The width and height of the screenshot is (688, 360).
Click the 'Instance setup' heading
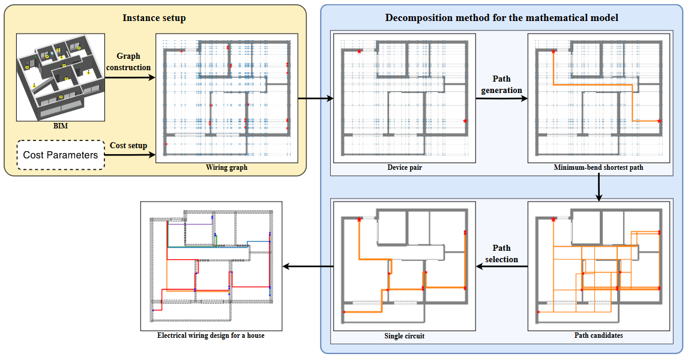pos(154,18)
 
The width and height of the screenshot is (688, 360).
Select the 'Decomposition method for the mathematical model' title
pos(502,18)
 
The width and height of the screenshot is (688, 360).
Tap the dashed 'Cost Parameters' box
pos(60,155)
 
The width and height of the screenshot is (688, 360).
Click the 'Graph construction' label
pos(128,62)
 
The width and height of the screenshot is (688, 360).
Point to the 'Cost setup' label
pos(128,145)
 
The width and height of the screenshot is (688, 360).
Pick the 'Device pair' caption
pos(405,167)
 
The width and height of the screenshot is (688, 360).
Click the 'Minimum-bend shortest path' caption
pos(599,167)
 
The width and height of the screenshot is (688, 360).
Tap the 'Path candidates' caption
pos(599,335)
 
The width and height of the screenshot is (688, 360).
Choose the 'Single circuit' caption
pos(405,336)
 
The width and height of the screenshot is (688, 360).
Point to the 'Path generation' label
pos(502,85)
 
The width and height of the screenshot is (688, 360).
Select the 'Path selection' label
pos(502,253)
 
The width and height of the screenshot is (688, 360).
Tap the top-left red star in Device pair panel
pos(359,52)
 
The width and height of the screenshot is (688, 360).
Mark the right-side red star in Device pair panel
pos(465,121)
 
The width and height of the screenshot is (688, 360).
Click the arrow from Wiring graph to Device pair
pos(315,98)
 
